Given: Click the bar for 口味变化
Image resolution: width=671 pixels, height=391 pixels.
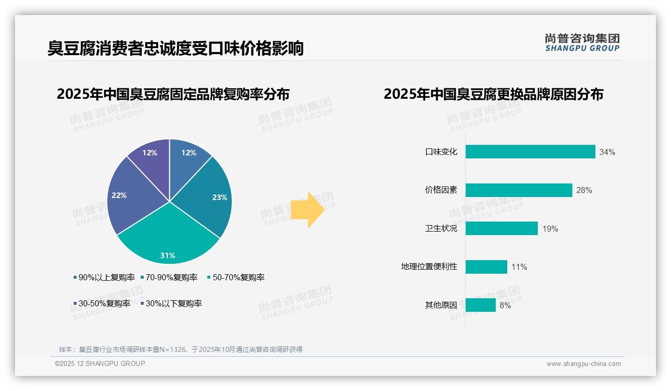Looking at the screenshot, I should (530, 152).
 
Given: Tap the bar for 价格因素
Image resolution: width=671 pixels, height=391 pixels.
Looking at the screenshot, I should (518, 190).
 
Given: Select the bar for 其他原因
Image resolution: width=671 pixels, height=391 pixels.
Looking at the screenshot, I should (480, 305).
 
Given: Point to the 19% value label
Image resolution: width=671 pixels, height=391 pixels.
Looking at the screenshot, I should (550, 229).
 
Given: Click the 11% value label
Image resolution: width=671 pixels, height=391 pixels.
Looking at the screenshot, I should (519, 267).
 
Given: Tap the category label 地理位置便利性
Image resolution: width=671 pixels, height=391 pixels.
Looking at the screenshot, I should (429, 267).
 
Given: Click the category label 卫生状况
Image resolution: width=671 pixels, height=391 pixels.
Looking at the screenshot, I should (441, 229).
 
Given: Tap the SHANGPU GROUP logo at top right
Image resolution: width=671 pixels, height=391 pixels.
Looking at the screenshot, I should (582, 43).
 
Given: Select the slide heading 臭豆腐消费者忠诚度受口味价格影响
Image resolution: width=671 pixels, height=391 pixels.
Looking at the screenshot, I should (175, 49).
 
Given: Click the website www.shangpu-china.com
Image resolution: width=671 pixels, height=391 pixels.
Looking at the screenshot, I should (583, 364).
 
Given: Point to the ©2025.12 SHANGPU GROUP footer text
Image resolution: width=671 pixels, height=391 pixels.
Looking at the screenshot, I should (100, 363).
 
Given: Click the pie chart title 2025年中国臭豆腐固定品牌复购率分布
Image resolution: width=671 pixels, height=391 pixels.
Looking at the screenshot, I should (173, 94).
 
